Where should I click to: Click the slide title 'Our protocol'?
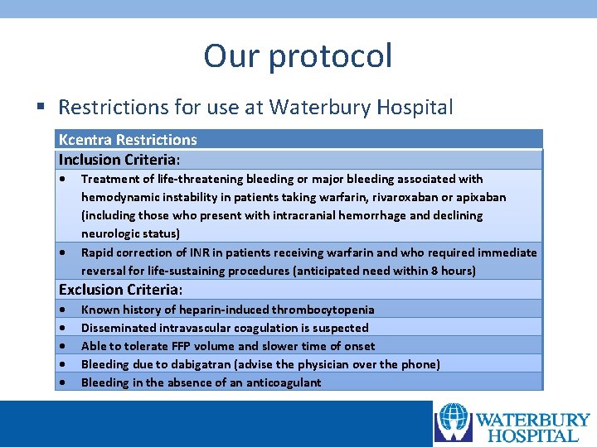click(x=298, y=56)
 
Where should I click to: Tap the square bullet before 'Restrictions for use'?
click(x=40, y=108)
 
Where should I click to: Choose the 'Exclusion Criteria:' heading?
click(x=121, y=290)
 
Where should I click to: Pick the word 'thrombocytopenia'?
click(x=323, y=310)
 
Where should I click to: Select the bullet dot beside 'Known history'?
click(x=63, y=310)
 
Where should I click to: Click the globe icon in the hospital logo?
click(x=454, y=422)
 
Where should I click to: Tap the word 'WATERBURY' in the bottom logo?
click(x=532, y=421)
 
